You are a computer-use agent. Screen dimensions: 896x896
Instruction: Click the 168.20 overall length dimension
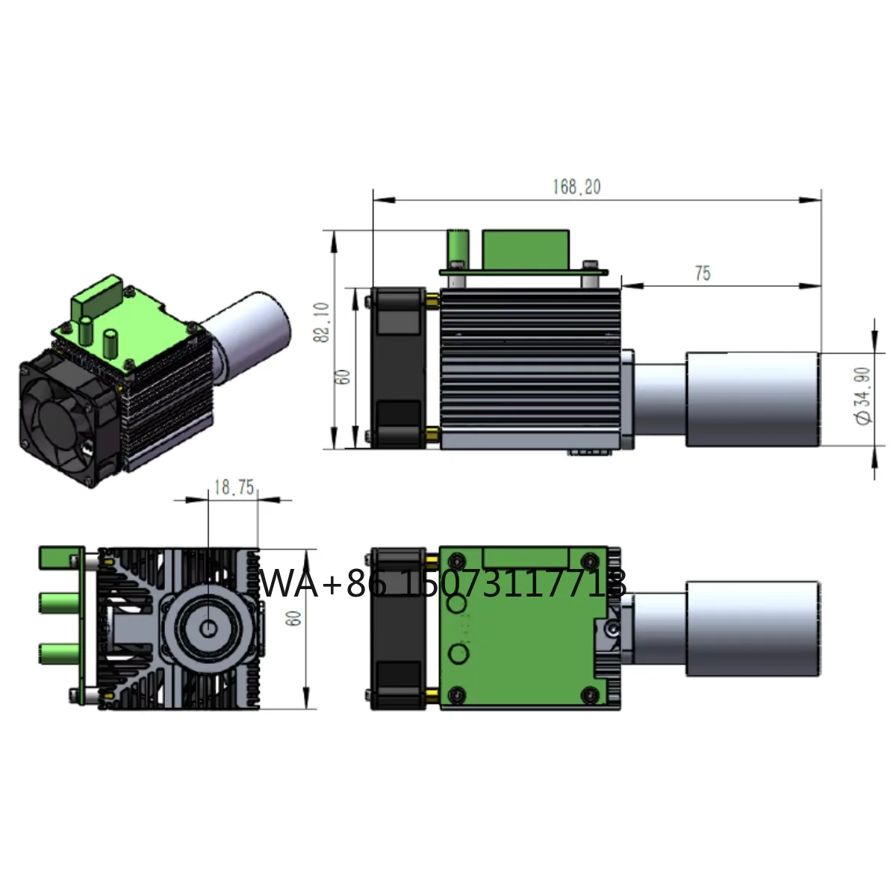pos(576,187)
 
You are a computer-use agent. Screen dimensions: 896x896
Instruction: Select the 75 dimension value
pos(702,273)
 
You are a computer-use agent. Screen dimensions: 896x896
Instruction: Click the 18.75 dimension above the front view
pos(234,488)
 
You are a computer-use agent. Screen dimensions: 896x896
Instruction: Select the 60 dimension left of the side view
pos(343,376)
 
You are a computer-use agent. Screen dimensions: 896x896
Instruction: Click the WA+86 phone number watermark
pos(442,583)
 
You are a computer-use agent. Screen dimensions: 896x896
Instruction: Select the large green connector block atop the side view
pos(526,249)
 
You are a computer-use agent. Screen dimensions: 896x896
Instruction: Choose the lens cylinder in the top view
pos(750,629)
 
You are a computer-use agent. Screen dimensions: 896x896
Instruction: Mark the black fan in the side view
pos(398,368)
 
